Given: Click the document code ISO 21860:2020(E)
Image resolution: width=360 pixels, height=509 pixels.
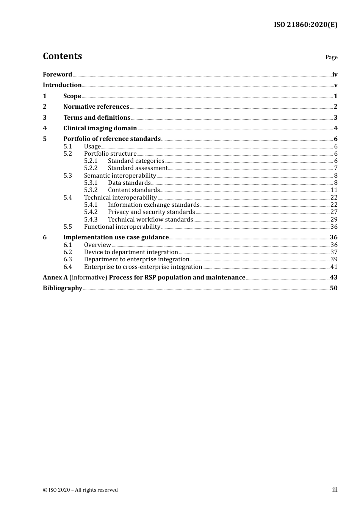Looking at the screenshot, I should pos(305,25).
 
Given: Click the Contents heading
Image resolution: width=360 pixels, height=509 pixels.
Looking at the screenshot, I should pos(62,56).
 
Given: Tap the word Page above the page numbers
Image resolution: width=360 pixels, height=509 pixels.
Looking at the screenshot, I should pos(331,57).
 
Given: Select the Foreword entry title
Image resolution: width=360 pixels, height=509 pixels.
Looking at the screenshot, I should pos(57,75).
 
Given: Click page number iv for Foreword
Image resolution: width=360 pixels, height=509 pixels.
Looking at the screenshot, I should pos(335,75).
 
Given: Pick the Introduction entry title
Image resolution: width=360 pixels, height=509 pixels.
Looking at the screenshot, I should pos(62,85).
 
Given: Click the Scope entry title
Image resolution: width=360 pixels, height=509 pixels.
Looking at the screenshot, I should pos(72,96).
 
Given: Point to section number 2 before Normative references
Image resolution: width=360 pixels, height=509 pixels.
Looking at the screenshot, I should pos(45,107).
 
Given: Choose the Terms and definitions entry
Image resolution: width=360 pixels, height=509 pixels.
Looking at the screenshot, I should pos(97,118).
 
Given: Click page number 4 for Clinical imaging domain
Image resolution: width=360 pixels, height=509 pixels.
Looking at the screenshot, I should pos(335,128).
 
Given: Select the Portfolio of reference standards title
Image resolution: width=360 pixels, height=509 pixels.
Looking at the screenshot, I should pos(112,139).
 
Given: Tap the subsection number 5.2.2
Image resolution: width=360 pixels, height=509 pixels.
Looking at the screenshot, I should pos(91,168).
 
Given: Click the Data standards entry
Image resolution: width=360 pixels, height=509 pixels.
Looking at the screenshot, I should pos(129,183).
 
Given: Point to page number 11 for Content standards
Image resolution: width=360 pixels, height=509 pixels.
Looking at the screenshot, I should pos(334,190).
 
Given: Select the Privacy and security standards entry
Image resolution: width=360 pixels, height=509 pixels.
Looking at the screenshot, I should pos(151,212).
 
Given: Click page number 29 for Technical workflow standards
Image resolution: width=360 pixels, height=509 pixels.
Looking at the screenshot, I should pos(334,220).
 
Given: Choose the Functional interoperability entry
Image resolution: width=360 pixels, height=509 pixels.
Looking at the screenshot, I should pos(122,227).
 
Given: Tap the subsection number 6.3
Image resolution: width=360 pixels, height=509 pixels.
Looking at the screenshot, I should pos(68,259).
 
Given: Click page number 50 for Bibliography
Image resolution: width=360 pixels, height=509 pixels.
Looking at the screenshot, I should pos(333,288).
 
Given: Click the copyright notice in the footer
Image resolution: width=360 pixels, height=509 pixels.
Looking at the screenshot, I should pos(80,490).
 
